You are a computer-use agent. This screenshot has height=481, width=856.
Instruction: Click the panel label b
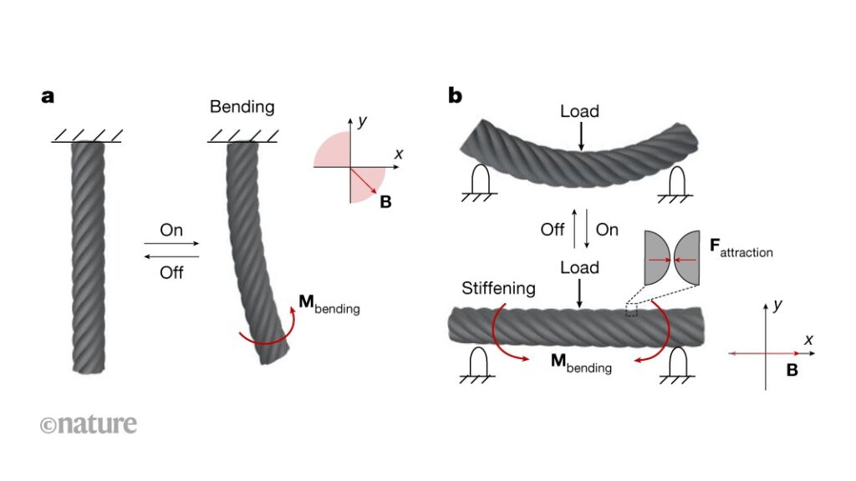[456, 95]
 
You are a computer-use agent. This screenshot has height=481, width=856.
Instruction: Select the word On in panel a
[171, 230]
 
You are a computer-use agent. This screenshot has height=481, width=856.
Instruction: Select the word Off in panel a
[171, 272]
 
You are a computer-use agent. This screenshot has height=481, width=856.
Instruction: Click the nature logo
[88, 424]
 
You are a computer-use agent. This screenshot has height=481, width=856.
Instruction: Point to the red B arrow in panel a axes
[365, 182]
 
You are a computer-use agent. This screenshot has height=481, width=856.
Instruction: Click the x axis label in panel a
[399, 154]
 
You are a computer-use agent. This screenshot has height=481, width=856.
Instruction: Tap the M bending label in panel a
[329, 306]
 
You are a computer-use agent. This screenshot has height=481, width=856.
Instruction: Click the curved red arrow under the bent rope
[267, 338]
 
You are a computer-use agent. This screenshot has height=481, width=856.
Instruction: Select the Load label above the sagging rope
[580, 111]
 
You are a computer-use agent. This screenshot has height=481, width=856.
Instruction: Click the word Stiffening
[499, 290]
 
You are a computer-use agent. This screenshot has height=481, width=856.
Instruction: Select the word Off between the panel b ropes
[553, 230]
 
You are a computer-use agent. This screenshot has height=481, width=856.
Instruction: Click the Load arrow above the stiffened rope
[580, 294]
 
